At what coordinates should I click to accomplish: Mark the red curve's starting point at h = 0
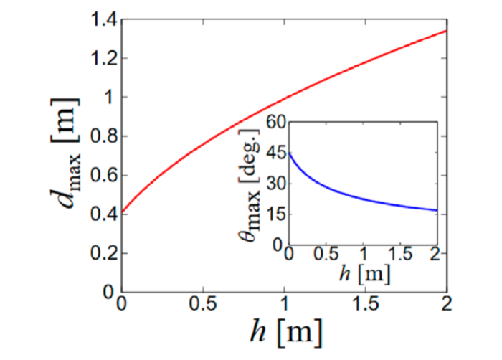coord(122,212)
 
